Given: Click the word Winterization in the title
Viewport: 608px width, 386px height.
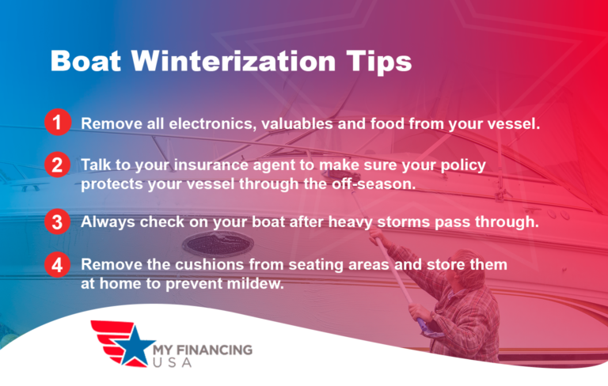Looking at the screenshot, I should coord(229,61).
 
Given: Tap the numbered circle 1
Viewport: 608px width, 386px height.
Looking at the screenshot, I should coord(56,122).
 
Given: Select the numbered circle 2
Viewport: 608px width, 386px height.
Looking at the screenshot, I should coord(56,165).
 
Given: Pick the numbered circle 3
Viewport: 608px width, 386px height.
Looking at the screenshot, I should coord(56,221).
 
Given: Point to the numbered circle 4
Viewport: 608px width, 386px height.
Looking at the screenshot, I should coord(56,263).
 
